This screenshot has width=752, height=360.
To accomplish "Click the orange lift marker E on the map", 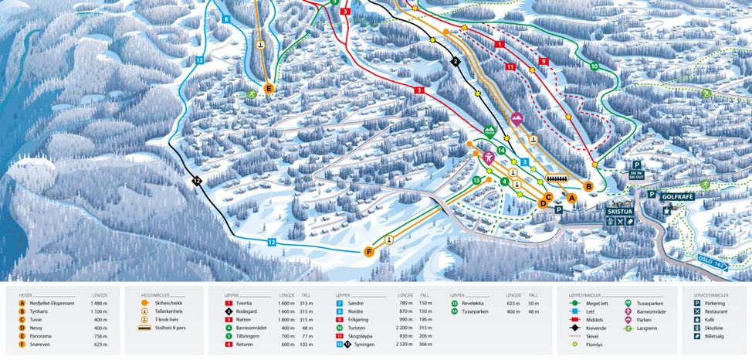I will click(x=269, y=89).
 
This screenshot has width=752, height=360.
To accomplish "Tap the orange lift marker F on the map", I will click(x=370, y=251).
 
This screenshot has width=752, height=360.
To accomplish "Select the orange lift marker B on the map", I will click(x=588, y=186).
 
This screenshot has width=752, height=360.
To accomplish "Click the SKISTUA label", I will click(x=619, y=210).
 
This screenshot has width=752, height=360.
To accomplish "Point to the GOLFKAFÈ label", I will click(x=677, y=197).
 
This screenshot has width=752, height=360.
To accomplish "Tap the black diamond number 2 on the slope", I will click(x=456, y=62).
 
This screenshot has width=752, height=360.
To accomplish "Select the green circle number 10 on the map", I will click(x=594, y=66).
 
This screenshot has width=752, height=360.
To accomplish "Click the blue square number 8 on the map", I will click(x=226, y=19).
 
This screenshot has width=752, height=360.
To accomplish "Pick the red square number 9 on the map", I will click(x=544, y=61).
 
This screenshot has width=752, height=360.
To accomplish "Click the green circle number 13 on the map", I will click(x=477, y=180).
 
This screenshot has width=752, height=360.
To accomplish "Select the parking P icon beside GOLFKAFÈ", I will click(x=652, y=195).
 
